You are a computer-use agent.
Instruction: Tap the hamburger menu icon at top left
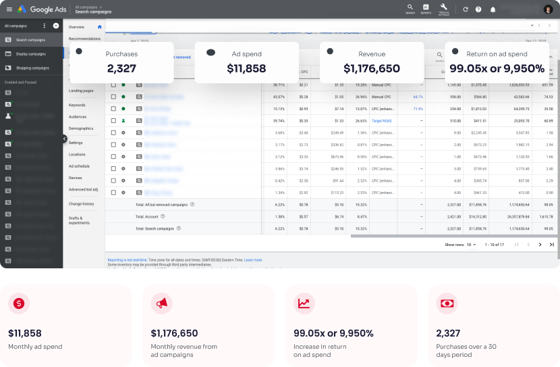tap(9, 9)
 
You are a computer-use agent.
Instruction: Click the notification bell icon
tap(493, 9)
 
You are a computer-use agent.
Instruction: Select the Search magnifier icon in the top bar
tap(410, 7)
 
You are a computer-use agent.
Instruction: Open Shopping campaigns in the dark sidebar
tap(32, 68)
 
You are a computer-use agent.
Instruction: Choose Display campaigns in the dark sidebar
tap(30, 54)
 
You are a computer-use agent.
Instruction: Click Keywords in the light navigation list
tap(77, 105)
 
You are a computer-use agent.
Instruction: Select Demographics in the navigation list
tap(81, 128)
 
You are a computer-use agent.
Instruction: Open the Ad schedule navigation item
tap(79, 166)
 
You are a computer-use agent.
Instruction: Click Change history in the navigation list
tap(81, 203)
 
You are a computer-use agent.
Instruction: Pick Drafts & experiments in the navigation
tap(76, 220)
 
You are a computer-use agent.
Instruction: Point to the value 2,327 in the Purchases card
tap(121, 68)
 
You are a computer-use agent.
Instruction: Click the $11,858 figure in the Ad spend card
tap(246, 68)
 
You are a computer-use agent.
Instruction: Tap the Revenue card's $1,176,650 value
tap(371, 68)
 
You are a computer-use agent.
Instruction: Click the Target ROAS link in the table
tap(381, 120)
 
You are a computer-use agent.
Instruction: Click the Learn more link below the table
tap(253, 260)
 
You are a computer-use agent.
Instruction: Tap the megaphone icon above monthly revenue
tap(162, 304)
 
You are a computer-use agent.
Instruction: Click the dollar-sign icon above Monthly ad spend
tap(19, 304)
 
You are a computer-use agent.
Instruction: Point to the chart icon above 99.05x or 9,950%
tap(304, 304)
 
